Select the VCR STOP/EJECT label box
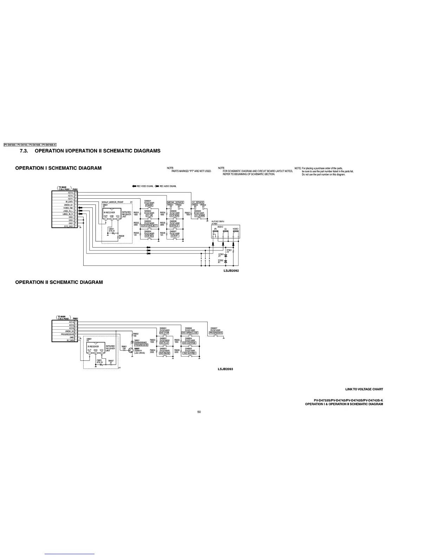149,226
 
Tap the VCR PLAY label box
175,226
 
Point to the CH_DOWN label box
200,216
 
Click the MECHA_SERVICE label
175,203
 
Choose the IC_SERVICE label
198,203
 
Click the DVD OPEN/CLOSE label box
190,333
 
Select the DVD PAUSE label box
164,353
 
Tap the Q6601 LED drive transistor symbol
131,350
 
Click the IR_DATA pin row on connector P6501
67,201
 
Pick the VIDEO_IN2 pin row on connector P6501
67,208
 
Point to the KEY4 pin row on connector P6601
67,322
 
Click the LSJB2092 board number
231,271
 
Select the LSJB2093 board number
225,369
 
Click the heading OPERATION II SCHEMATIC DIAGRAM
59,282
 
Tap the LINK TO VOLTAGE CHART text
364,389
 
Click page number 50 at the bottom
199,412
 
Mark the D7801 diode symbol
226,256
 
